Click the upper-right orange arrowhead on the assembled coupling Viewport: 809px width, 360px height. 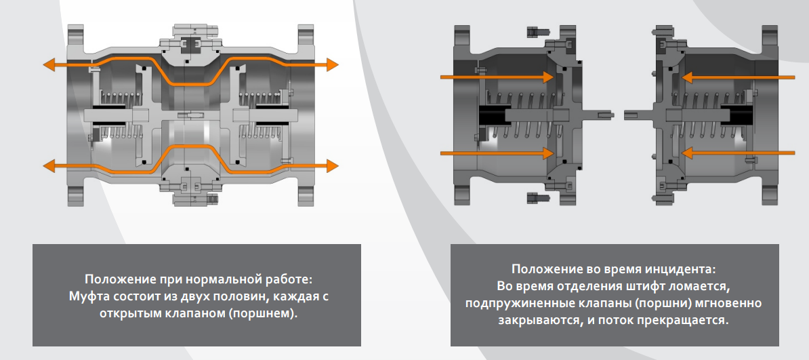pyautogui.click(x=332, y=64)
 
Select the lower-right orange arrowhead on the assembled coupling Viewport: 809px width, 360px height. pyautogui.click(x=332, y=165)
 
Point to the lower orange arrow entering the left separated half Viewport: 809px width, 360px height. pyautogui.click(x=495, y=153)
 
